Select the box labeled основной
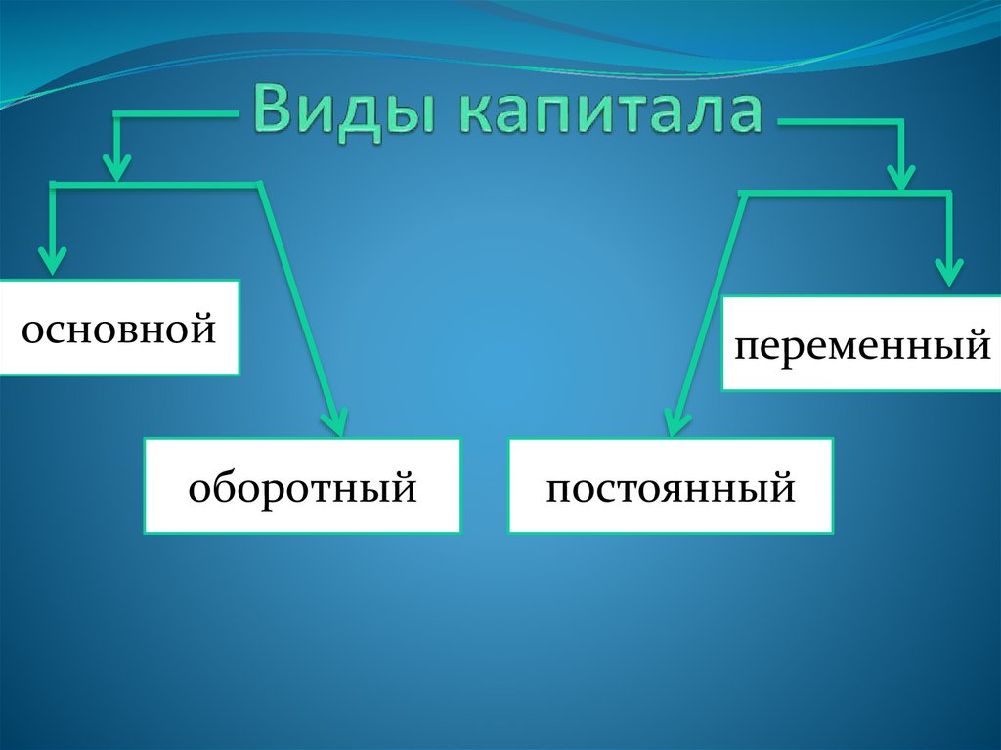119,328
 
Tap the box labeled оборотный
302,486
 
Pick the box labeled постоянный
671,486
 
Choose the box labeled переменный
861,343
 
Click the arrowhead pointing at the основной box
52,261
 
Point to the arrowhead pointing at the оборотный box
334,422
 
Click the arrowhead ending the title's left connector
117,168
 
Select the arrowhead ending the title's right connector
900,176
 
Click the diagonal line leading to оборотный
297,303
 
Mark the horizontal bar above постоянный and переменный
846,194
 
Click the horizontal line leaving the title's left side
176,115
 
